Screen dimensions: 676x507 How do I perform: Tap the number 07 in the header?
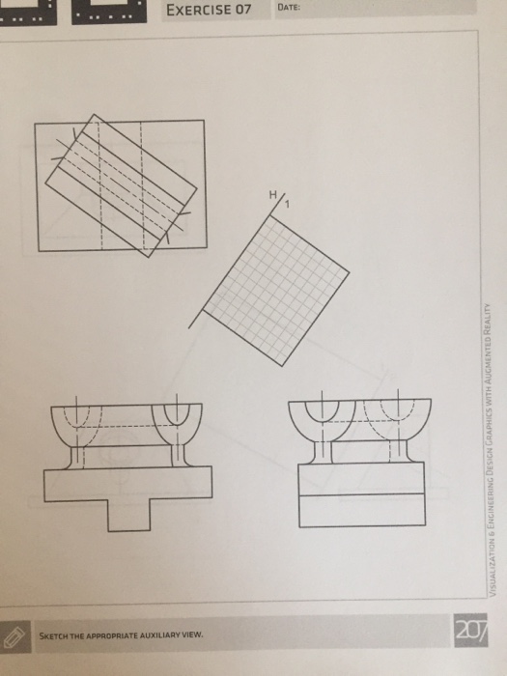pos(242,11)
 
